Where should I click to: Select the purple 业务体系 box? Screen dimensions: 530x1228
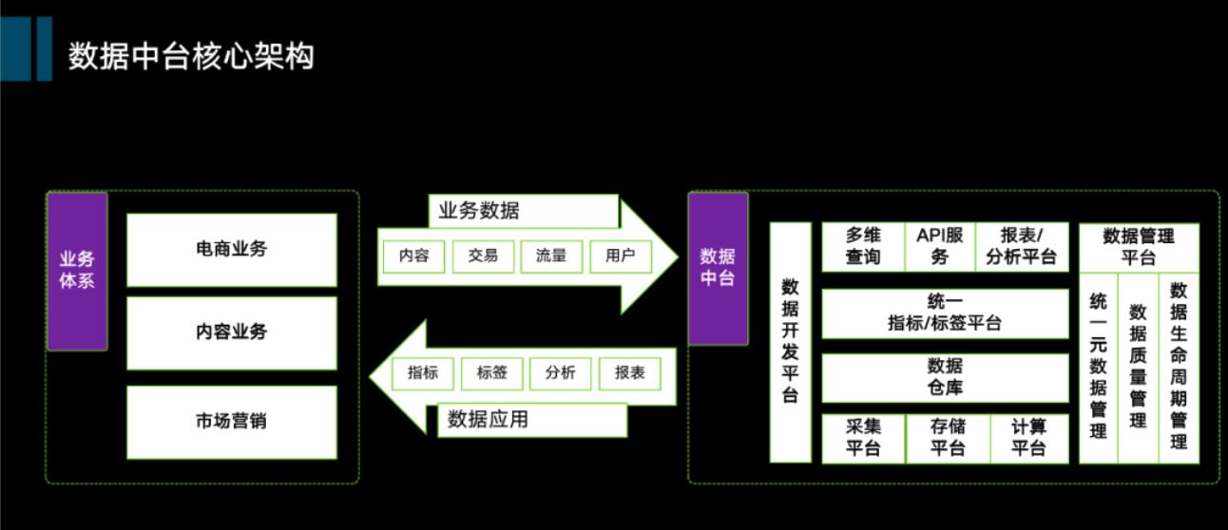click(x=77, y=271)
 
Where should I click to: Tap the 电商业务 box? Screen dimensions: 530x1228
click(x=231, y=250)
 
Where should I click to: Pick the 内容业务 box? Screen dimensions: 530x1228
click(x=231, y=332)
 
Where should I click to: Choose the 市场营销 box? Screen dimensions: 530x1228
click(x=231, y=421)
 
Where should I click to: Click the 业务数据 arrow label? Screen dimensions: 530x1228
click(x=480, y=211)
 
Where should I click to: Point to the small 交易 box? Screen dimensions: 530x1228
click(x=483, y=256)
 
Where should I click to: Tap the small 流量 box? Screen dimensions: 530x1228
click(x=551, y=256)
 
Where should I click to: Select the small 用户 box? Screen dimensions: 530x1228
click(x=621, y=256)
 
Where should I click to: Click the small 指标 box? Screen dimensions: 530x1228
click(x=423, y=373)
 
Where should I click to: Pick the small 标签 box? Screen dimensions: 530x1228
click(x=491, y=373)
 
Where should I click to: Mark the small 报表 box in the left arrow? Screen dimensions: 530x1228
click(x=629, y=373)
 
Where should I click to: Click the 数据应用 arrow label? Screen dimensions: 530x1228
click(x=488, y=419)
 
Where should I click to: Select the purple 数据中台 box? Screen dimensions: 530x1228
click(x=718, y=268)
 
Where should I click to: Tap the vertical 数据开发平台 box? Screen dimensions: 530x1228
click(x=790, y=342)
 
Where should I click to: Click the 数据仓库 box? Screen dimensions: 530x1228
click(x=945, y=376)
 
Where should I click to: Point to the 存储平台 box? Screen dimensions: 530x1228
click(x=947, y=438)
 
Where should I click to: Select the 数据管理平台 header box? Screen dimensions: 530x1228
click(x=1139, y=246)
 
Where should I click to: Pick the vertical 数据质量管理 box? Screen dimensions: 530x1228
click(x=1138, y=366)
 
